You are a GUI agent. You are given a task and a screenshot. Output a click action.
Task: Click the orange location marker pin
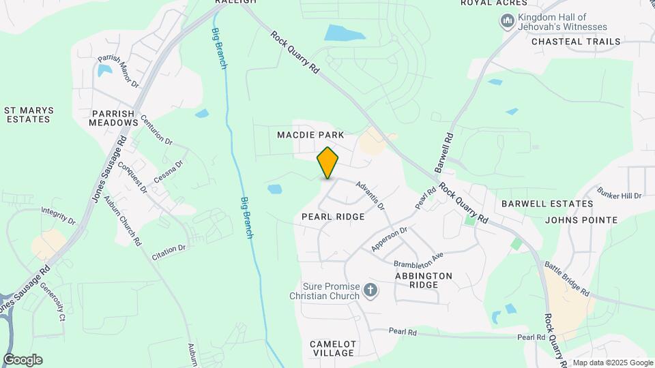click(328, 163)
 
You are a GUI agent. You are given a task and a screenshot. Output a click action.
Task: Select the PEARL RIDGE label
click(333, 216)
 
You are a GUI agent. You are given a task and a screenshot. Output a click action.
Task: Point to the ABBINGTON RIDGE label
click(423, 280)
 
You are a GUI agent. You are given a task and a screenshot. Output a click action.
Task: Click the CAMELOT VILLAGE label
click(333, 348)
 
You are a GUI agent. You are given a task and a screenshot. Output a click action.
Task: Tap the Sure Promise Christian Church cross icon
click(370, 291)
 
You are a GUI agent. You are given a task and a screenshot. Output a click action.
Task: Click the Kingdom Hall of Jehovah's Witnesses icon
click(507, 22)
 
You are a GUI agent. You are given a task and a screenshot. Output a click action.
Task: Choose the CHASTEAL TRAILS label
click(576, 42)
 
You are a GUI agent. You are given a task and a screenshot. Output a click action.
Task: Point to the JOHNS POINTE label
click(581, 220)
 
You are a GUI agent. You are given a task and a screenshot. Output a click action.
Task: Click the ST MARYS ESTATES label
click(28, 114)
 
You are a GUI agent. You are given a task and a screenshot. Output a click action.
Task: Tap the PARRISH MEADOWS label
click(113, 117)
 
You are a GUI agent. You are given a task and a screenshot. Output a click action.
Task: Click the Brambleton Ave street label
click(419, 260)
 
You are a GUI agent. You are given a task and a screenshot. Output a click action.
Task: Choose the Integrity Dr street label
click(58, 215)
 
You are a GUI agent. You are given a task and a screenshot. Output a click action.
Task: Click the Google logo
click(23, 360)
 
